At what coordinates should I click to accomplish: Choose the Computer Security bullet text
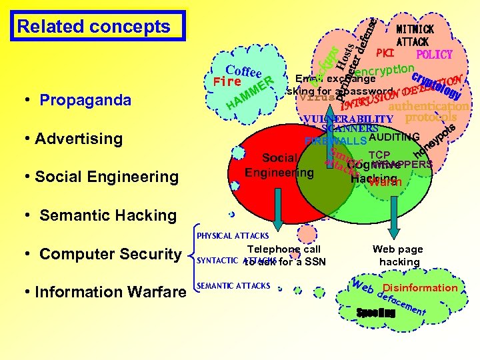pyautogui.click(x=111, y=254)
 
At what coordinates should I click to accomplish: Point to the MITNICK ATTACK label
pyautogui.click(x=415, y=35)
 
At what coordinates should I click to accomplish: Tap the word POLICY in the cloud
pyautogui.click(x=434, y=55)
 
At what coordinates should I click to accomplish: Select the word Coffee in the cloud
pyautogui.click(x=243, y=72)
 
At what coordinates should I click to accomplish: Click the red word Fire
pyautogui.click(x=227, y=82)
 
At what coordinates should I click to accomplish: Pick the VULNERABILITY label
pyautogui.click(x=338, y=119)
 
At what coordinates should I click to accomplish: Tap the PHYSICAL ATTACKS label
pyautogui.click(x=233, y=235)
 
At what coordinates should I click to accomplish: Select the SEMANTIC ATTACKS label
pyautogui.click(x=233, y=286)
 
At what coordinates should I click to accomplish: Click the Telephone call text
pyautogui.click(x=284, y=249)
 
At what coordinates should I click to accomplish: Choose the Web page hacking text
pyautogui.click(x=399, y=255)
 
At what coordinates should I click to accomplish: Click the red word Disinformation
pyautogui.click(x=420, y=288)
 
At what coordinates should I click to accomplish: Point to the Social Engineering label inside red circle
pyautogui.click(x=279, y=165)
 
